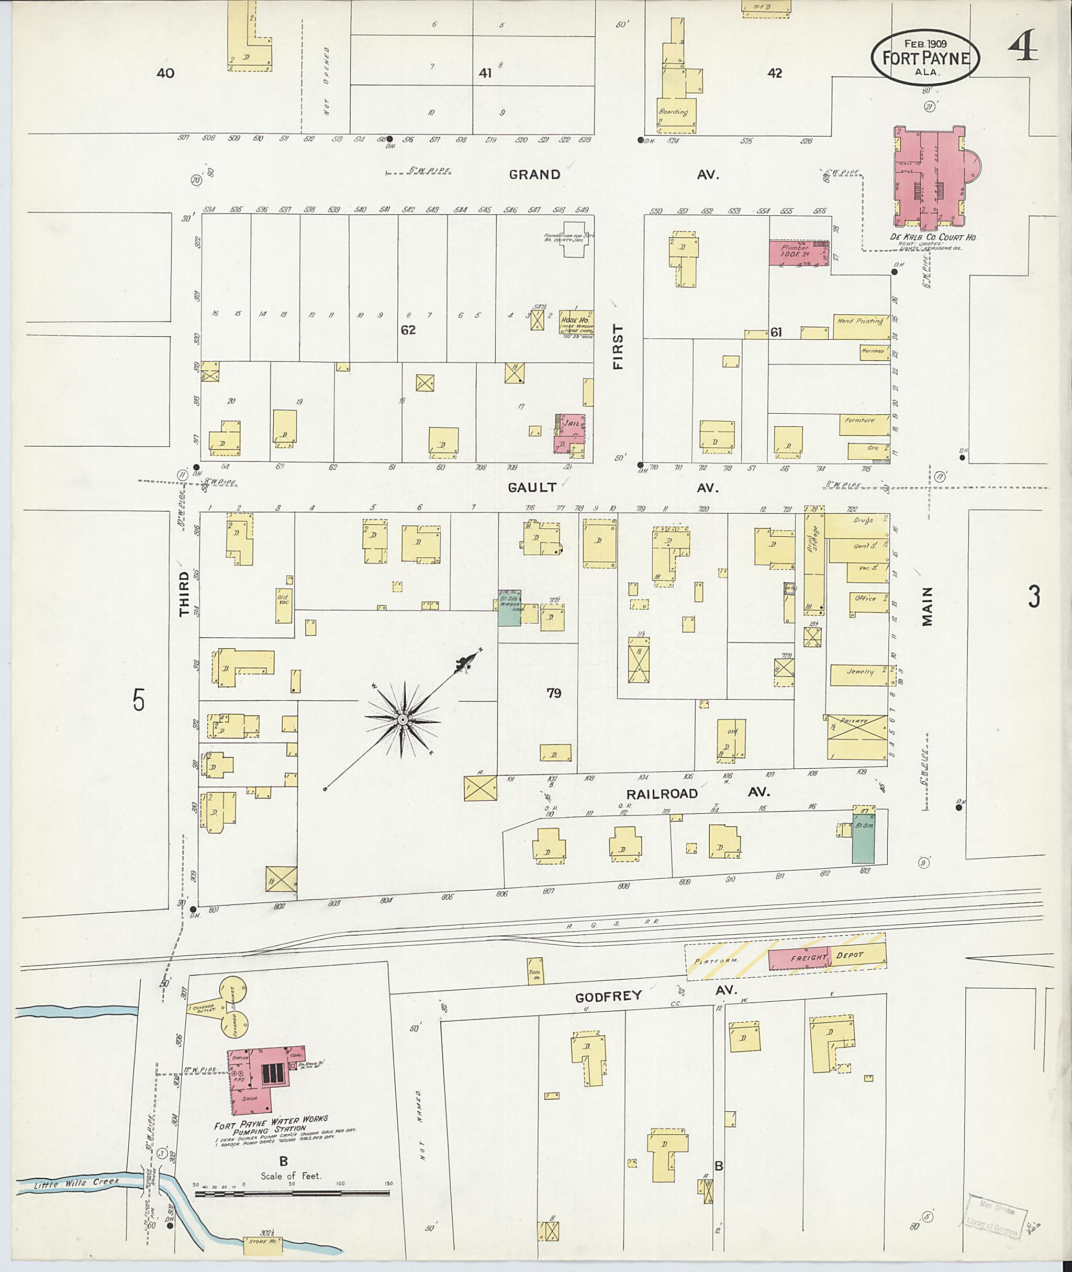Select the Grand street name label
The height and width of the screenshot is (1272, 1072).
coord(534,175)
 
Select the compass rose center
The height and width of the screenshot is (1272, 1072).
coord(403,720)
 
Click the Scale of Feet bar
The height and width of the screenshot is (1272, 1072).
coord(292,1193)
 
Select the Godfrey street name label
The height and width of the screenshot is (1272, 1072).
coord(608,996)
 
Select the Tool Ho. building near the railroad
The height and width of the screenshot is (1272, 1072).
coord(535,970)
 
